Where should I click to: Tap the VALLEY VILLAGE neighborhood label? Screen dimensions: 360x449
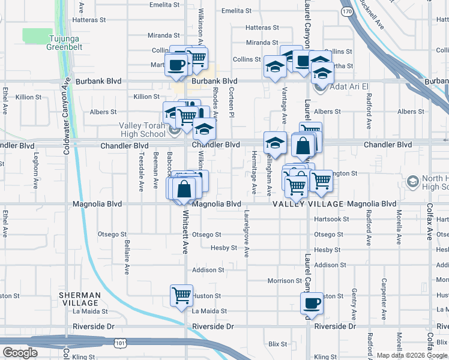tap(309, 205)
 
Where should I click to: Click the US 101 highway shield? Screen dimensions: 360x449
tap(121, 343)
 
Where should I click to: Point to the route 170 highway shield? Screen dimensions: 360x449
tap(346, 11)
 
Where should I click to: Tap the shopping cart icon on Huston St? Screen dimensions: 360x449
tap(181, 295)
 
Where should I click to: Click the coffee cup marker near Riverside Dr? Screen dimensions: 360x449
tap(312, 303)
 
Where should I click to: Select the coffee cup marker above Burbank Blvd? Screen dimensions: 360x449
tap(176, 65)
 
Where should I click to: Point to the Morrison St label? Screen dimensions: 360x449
tap(285, 281)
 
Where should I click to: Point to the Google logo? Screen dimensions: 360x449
tap(20, 353)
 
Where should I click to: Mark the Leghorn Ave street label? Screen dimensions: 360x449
tap(37, 171)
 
